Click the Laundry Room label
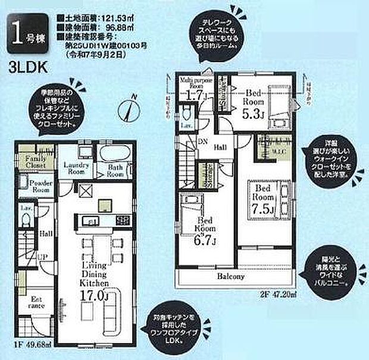click(x=77, y=167)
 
